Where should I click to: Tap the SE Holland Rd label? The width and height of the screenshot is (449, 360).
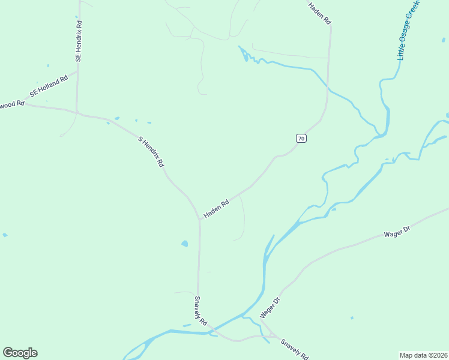tap(49, 87)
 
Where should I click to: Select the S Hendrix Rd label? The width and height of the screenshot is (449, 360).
tap(151, 152)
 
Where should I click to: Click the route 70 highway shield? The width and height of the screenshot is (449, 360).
tap(301, 139)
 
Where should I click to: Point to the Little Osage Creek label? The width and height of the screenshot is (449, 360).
tap(408, 30)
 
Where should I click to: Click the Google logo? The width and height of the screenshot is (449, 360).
tap(20, 353)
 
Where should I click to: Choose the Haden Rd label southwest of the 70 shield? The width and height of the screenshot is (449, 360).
tap(217, 209)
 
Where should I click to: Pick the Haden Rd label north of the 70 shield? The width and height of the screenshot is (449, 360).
tap(320, 13)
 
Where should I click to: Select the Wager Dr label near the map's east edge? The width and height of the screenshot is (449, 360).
tap(396, 232)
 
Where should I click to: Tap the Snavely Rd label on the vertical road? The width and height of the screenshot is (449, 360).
tap(200, 310)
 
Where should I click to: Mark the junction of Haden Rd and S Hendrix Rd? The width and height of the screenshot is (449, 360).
tap(200, 220)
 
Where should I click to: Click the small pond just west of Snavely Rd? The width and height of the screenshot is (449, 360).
tap(184, 244)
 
